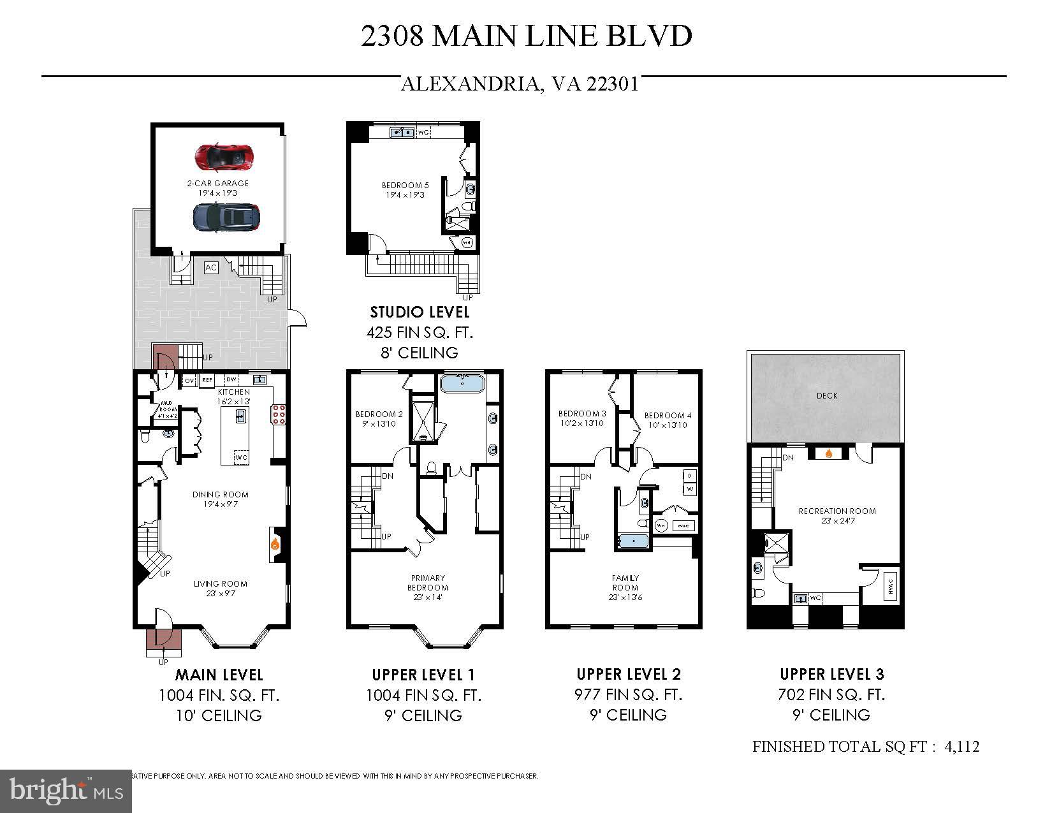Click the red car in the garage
(224, 157)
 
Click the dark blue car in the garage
(226, 217)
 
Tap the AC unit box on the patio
(211, 268)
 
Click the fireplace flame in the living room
(275, 544)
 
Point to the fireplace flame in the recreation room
(828, 453)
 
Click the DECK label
(827, 395)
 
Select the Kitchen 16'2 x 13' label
(234, 397)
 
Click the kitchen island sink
(240, 416)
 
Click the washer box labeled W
(690, 489)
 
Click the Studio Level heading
(420, 312)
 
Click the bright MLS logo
(66, 791)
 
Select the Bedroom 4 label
(668, 420)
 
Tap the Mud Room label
(167, 409)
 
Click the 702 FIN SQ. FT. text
(831, 694)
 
